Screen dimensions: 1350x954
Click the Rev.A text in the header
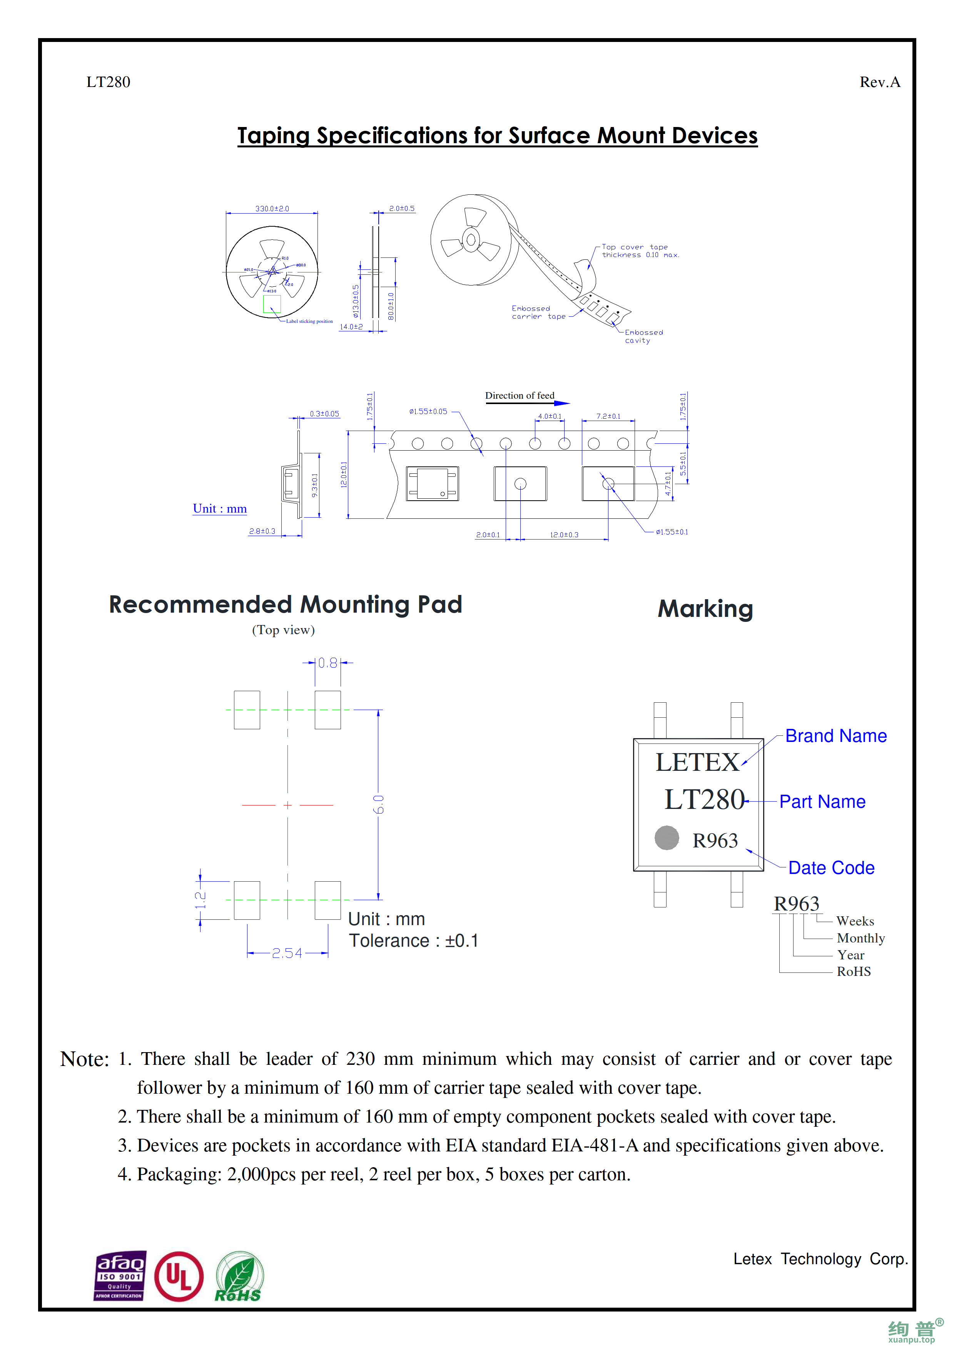point(879,82)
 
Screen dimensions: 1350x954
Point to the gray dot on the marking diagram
point(667,838)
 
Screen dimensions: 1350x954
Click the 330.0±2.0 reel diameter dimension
point(272,209)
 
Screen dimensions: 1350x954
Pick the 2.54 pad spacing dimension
point(287,953)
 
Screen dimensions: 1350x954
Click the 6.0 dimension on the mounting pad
point(379,804)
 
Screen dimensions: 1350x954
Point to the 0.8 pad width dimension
point(327,663)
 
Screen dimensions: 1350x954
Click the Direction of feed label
point(520,396)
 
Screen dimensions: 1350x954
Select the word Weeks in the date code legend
point(855,921)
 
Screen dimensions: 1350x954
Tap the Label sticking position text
point(309,322)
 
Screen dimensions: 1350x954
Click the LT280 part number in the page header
point(108,82)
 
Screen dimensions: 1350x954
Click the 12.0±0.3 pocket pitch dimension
point(564,535)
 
